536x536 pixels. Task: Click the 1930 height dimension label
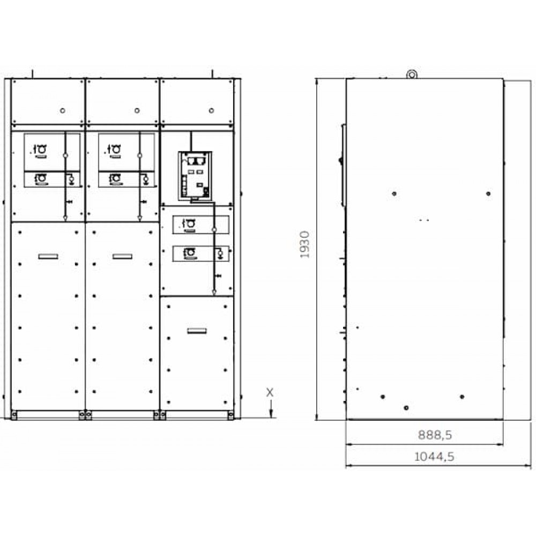pos(304,244)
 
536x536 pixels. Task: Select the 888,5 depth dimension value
pos(435,435)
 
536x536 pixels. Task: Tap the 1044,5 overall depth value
pos(434,457)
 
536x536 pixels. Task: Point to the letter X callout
pos(270,392)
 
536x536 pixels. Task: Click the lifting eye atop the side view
pos(412,74)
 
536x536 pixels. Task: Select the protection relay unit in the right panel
pos(195,176)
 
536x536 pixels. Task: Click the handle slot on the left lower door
pos(48,256)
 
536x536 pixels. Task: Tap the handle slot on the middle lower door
pos(122,256)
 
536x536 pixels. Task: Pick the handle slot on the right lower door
pos(197,331)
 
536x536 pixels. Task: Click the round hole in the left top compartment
pos(63,110)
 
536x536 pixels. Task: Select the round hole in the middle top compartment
pos(137,110)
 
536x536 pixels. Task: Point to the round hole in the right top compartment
pos(211,110)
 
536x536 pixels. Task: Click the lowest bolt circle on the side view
pos(406,408)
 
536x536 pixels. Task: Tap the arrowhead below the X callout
pos(271,414)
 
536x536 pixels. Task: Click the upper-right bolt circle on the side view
pos(488,194)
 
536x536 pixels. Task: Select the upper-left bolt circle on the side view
pos(394,194)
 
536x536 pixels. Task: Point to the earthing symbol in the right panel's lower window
pos(220,254)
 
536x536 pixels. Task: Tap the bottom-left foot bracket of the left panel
pos(14,415)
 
